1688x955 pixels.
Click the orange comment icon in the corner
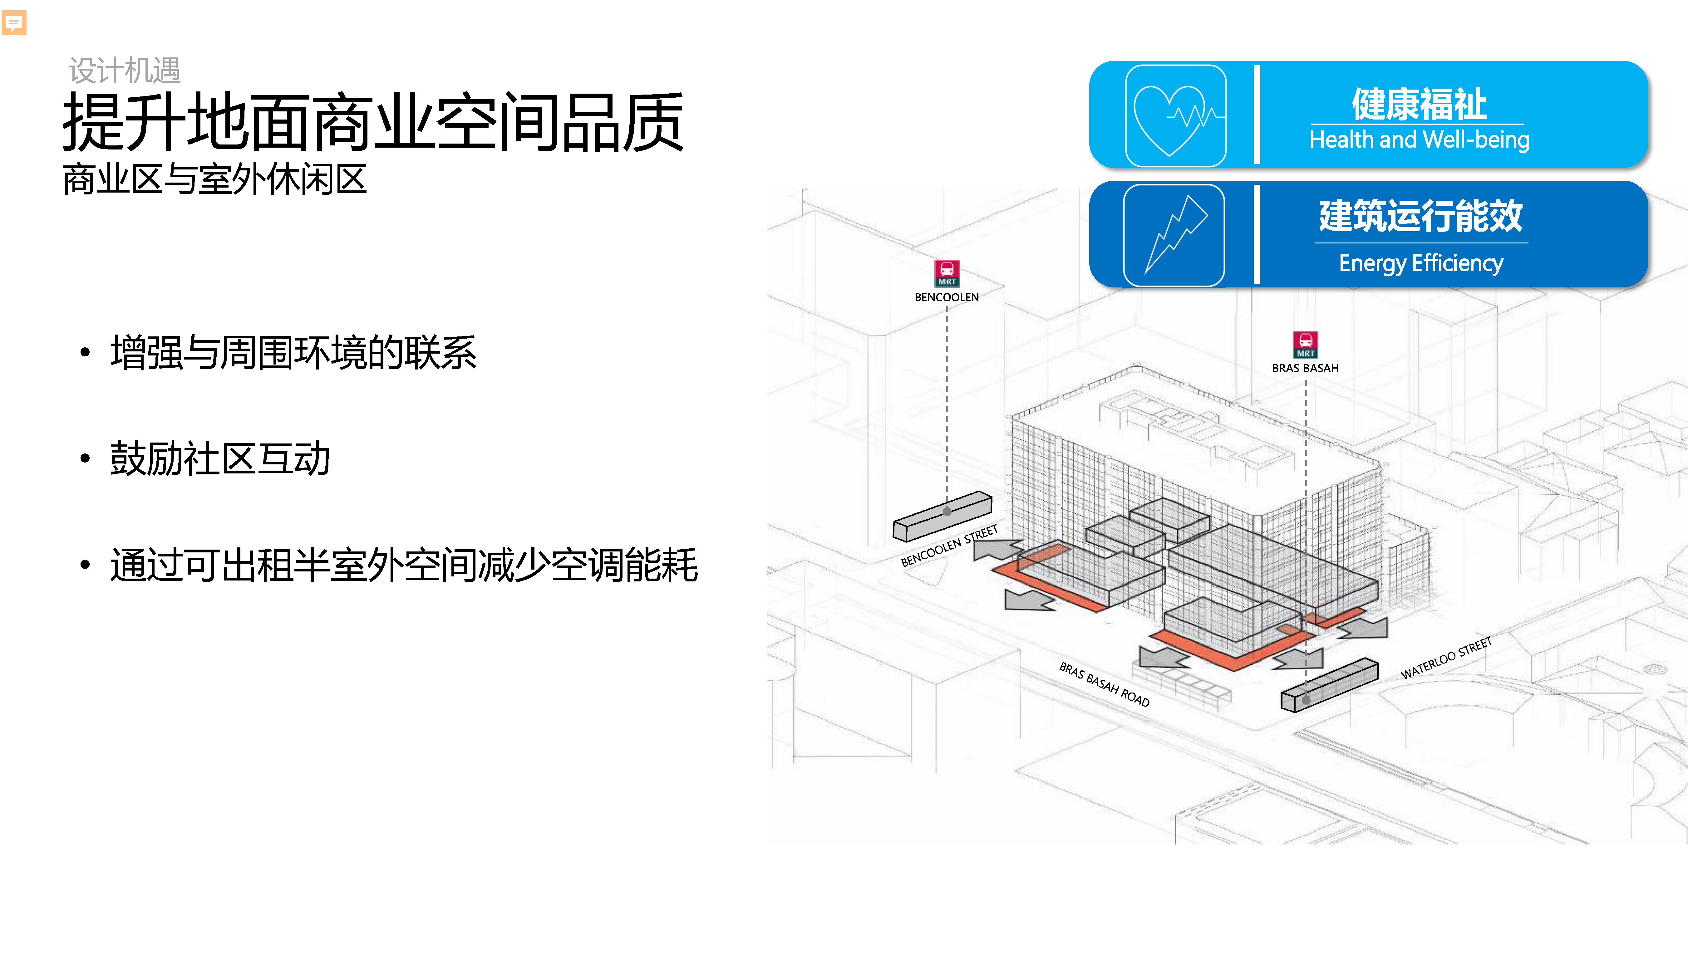pyautogui.click(x=14, y=23)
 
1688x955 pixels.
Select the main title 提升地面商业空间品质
pyautogui.click(x=373, y=122)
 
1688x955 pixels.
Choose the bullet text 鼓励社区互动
pyautogui.click(x=220, y=458)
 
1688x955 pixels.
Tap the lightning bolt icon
pyautogui.click(x=1174, y=235)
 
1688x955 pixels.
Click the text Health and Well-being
pyautogui.click(x=1419, y=140)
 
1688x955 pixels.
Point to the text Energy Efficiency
pyautogui.click(x=1420, y=263)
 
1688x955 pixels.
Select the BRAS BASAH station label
pyautogui.click(x=1305, y=368)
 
